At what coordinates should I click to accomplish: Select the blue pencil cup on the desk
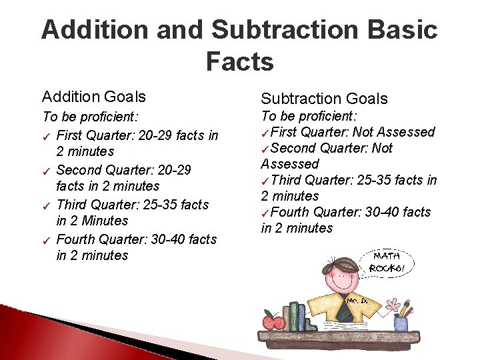(401, 323)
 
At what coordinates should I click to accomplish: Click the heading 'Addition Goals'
(94, 97)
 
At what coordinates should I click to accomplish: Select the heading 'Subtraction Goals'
(324, 99)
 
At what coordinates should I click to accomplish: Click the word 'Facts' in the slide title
(239, 62)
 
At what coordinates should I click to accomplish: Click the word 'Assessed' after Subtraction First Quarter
(404, 132)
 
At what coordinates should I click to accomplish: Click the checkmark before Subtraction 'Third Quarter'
(265, 181)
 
